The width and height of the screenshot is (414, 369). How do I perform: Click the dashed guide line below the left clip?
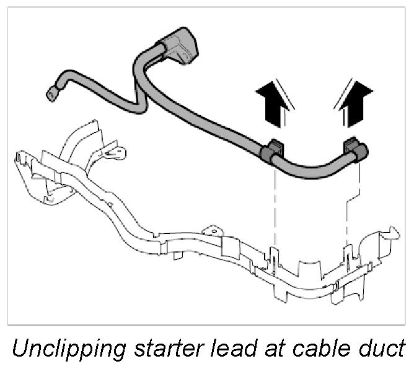point(273,204)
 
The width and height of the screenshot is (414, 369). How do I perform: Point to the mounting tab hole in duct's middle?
point(213,231)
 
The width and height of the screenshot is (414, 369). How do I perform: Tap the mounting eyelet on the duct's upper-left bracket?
point(116,149)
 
